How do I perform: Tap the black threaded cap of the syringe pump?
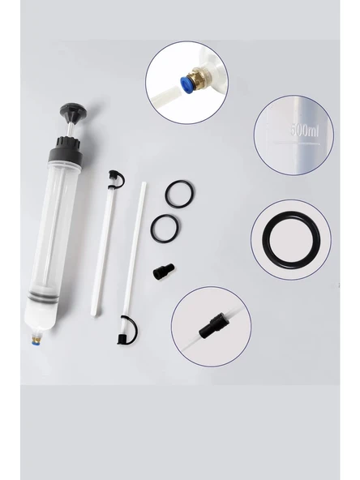[x=66, y=151]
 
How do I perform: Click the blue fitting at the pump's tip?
[x=34, y=344]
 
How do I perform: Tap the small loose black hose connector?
[x=164, y=271]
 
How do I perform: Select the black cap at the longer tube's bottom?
[x=127, y=331]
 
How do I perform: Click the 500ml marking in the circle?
[x=305, y=130]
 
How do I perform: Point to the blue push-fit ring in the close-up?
[x=185, y=84]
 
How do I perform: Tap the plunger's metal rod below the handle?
[x=70, y=129]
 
